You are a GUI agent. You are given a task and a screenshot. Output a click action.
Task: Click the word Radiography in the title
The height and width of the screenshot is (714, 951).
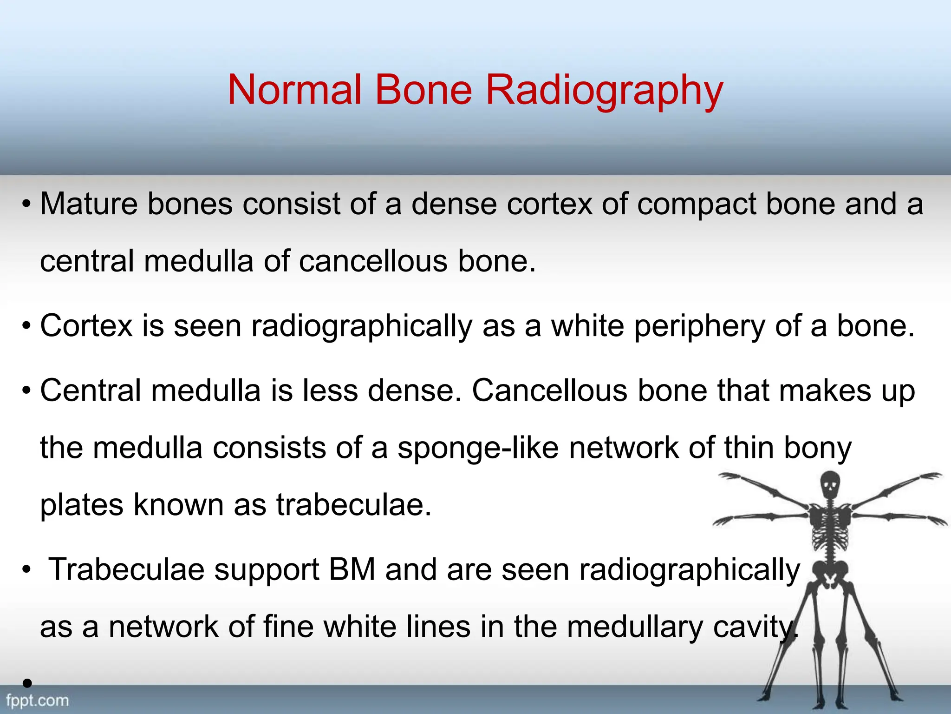click(x=604, y=90)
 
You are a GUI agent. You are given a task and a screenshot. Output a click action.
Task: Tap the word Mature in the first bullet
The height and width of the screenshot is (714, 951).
click(x=89, y=205)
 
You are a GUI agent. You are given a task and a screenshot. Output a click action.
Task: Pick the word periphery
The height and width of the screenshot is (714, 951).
click(x=700, y=326)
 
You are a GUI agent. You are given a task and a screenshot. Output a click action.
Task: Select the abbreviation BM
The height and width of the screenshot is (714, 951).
click(x=352, y=570)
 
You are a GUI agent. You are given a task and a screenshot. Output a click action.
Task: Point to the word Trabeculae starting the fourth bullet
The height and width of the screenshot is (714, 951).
click(x=126, y=570)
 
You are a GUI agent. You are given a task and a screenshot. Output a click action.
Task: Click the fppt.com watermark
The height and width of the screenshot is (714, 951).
click(x=37, y=701)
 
